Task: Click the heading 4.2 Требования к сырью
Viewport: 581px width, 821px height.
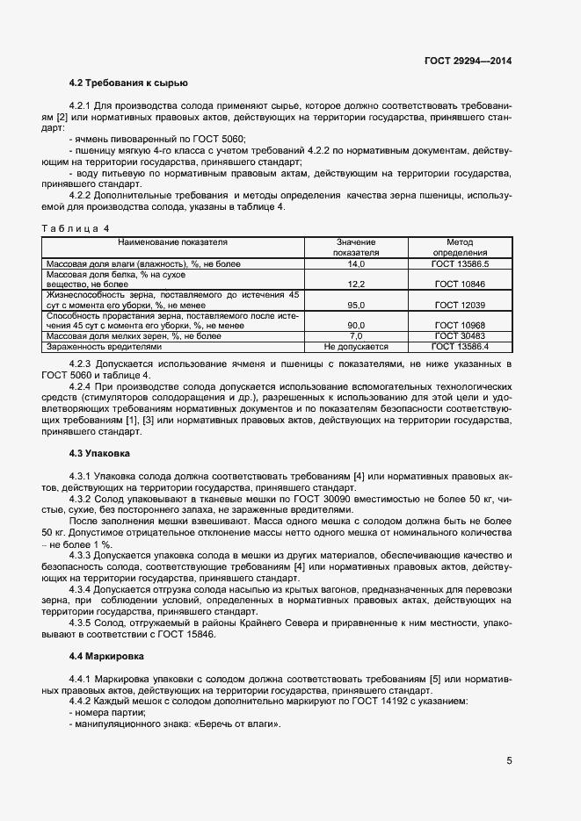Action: (x=128, y=84)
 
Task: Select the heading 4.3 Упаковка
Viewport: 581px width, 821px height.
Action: (x=99, y=453)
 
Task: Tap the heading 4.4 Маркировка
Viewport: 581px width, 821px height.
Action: (x=105, y=656)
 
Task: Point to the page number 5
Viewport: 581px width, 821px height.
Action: (x=510, y=761)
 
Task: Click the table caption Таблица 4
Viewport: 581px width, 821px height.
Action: (x=73, y=228)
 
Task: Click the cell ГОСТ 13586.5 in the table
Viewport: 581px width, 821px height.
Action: (x=460, y=263)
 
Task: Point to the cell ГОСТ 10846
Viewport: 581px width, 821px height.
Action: (x=460, y=284)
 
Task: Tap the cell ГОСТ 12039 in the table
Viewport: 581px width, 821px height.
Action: (x=460, y=305)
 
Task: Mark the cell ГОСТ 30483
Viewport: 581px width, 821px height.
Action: (x=460, y=336)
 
